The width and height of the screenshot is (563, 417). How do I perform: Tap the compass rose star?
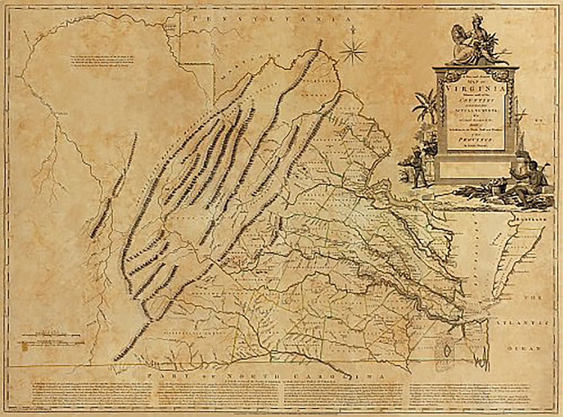(x=353, y=51)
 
